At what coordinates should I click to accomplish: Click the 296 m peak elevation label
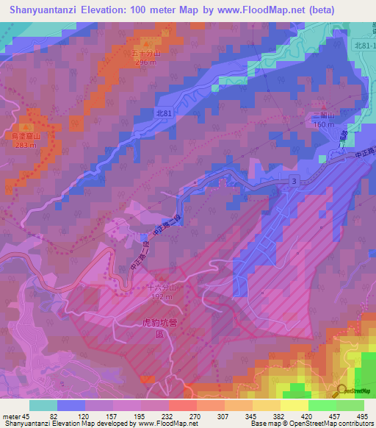click(146, 63)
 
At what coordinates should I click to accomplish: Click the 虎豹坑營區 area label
click(151, 327)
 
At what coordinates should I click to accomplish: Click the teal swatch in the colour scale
click(43, 404)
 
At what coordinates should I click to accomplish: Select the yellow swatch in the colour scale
click(294, 404)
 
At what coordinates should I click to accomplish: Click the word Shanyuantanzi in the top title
click(45, 10)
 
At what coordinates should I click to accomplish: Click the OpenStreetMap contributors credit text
click(333, 424)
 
